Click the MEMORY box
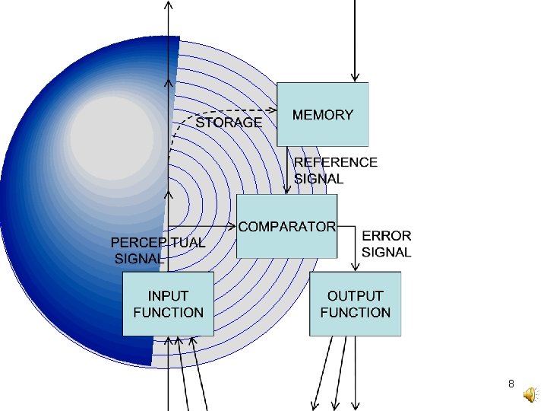pos(323,114)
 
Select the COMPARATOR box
pos(287,226)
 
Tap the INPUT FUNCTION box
pos(168,304)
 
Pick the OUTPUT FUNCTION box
pos(355,304)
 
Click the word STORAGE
pos(229,122)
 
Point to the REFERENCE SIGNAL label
pos(335,170)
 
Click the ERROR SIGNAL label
pos(387,244)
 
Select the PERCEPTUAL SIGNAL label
pos(157,250)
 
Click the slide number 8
pos(511,384)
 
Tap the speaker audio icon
pos(530,392)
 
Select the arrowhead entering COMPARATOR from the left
pos(232,226)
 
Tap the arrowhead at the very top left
pos(168,5)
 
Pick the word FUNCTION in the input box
pos(168,312)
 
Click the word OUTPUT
pos(355,295)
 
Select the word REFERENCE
pos(335,162)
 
